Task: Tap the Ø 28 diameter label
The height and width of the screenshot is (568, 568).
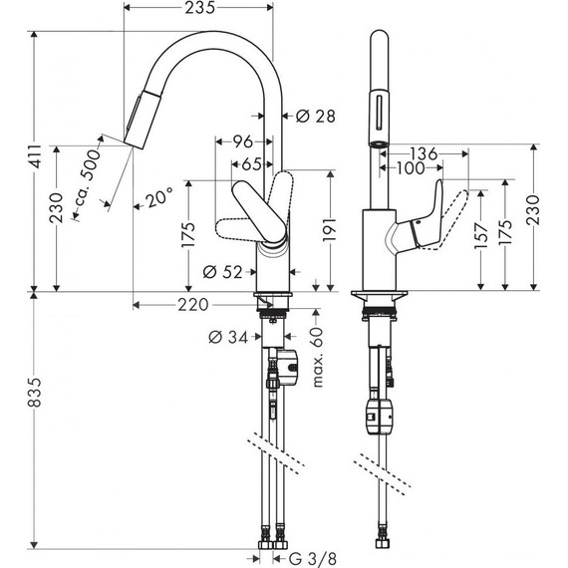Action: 315,116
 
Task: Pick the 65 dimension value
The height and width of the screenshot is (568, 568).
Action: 252,163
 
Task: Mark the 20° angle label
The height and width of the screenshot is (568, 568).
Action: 158,198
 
